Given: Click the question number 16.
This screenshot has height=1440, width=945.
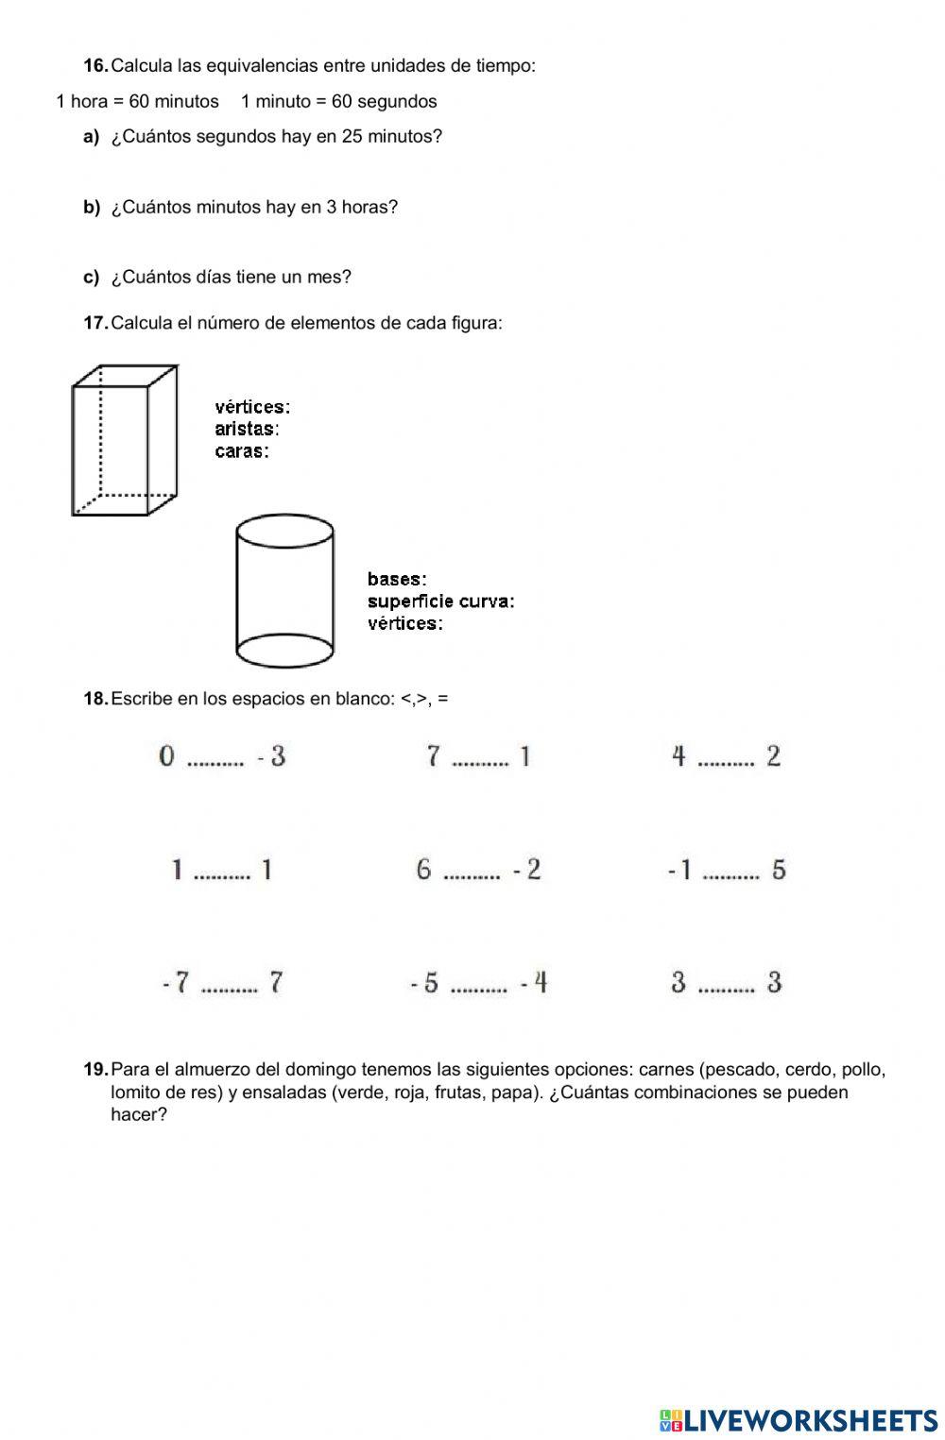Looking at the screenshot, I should (x=95, y=65).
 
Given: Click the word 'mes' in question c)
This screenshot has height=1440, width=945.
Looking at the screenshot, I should (x=331, y=277).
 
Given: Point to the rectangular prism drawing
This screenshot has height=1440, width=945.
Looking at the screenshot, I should (x=124, y=440).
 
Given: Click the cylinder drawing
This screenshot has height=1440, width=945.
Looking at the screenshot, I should (x=283, y=591).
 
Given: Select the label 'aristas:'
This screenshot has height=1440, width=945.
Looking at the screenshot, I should (x=247, y=429).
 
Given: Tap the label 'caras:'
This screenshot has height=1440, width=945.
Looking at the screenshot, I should (x=242, y=451).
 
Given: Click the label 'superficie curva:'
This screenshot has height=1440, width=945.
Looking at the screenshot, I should (x=440, y=601).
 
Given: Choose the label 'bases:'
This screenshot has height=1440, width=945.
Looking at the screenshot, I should (x=397, y=579).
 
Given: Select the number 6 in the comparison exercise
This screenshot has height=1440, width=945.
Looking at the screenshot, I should (x=423, y=869).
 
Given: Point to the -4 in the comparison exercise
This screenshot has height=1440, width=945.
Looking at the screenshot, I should (x=534, y=983).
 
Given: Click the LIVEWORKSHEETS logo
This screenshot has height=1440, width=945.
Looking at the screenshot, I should (x=798, y=1421).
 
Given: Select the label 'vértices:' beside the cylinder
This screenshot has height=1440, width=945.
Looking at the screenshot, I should (x=404, y=623).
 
